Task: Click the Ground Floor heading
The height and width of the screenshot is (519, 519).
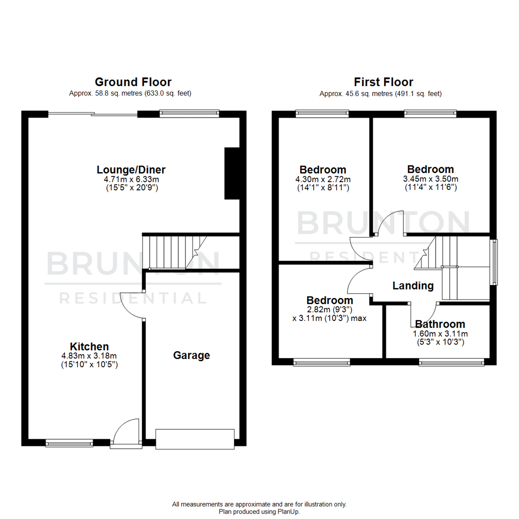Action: tap(133, 82)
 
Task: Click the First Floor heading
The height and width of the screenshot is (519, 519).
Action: tap(383, 82)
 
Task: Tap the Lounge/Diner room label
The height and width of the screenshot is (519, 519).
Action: tap(131, 170)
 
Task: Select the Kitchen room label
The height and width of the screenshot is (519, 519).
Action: tap(89, 346)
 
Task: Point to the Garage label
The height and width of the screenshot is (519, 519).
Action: tap(192, 356)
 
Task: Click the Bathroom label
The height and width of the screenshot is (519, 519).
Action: tap(440, 324)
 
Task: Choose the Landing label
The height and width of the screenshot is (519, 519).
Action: tap(413, 286)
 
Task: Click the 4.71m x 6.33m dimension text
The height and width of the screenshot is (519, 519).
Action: tap(132, 179)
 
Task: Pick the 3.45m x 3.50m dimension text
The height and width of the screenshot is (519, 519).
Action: tap(430, 179)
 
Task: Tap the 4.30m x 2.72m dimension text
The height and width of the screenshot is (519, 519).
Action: tap(323, 179)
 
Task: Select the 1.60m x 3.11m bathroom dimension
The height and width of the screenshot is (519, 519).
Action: tap(440, 334)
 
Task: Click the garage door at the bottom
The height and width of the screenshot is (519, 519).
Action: tap(195, 439)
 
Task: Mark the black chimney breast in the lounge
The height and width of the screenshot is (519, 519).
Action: tap(232, 173)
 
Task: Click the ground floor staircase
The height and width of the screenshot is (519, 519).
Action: tap(173, 251)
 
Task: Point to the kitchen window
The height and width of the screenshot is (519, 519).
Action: tap(69, 443)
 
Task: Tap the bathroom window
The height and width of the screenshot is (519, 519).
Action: tap(451, 361)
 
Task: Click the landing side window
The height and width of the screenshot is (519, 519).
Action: tap(494, 262)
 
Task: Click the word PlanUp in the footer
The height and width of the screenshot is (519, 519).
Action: tap(289, 512)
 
